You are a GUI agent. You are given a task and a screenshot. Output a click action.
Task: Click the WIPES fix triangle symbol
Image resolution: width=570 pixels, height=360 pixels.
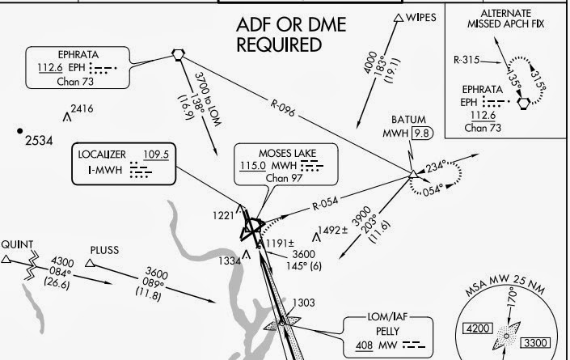click(399, 18)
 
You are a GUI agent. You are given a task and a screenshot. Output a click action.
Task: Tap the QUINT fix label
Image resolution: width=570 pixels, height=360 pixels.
click(17, 244)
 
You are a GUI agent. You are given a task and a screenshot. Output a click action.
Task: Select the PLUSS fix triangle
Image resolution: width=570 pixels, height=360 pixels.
click(91, 263)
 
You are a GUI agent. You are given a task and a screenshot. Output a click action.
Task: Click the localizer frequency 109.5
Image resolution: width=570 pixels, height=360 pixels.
click(156, 155)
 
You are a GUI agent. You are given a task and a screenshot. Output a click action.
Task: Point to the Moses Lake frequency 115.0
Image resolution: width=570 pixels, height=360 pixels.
click(252, 166)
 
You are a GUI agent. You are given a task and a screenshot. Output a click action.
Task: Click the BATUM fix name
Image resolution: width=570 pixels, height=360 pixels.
click(408, 120)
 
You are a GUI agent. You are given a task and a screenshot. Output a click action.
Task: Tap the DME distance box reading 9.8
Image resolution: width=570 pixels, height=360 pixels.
click(422, 133)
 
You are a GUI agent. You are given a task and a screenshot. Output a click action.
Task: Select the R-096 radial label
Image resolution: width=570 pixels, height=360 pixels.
click(282, 108)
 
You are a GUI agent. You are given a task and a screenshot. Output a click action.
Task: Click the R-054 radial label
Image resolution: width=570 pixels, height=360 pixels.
click(325, 204)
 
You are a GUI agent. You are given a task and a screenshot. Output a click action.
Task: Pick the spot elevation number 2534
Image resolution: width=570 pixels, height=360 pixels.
click(39, 141)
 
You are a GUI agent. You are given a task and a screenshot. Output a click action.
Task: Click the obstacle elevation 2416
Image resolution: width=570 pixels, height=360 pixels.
click(82, 108)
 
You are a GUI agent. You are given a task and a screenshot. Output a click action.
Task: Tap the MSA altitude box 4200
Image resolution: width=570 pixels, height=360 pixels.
click(478, 328)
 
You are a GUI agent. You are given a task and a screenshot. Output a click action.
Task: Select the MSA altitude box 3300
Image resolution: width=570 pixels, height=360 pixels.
click(535, 342)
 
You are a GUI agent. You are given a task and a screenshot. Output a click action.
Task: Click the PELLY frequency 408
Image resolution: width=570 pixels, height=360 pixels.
click(365, 345)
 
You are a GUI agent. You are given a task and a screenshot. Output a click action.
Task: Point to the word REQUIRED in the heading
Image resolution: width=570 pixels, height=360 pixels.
click(279, 44)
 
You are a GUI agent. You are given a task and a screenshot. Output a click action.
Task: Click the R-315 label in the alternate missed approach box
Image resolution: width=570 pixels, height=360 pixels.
click(467, 60)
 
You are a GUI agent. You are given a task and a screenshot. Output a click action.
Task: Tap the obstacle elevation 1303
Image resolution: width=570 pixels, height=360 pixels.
click(303, 303)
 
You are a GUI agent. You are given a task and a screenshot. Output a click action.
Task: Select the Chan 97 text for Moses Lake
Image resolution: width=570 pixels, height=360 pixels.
click(284, 178)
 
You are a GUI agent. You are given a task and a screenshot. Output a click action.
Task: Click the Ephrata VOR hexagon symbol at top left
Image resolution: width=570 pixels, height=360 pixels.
click(178, 54)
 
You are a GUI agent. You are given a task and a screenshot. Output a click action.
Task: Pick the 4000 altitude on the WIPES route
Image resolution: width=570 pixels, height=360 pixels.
click(370, 61)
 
